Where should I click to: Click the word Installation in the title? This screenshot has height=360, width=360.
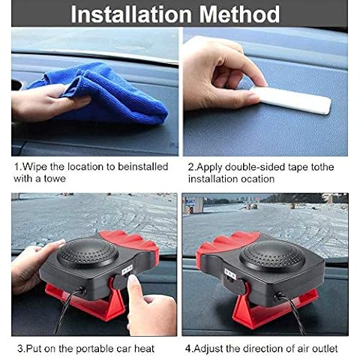pyautogui.click(x=131, y=14)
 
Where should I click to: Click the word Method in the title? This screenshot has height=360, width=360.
pyautogui.click(x=239, y=14)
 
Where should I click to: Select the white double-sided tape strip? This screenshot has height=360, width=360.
pyautogui.click(x=291, y=100)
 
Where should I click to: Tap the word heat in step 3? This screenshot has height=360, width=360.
pyautogui.click(x=144, y=349)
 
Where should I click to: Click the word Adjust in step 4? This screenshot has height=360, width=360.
pyautogui.click(x=208, y=349)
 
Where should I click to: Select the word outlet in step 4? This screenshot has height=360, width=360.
pyautogui.click(x=324, y=349)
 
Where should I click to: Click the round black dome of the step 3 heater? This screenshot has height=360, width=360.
pyautogui.click(x=88, y=253)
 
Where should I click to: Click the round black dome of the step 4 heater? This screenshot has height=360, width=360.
pyautogui.click(x=272, y=255)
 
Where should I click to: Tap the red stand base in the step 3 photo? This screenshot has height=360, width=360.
pyautogui.click(x=85, y=302)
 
